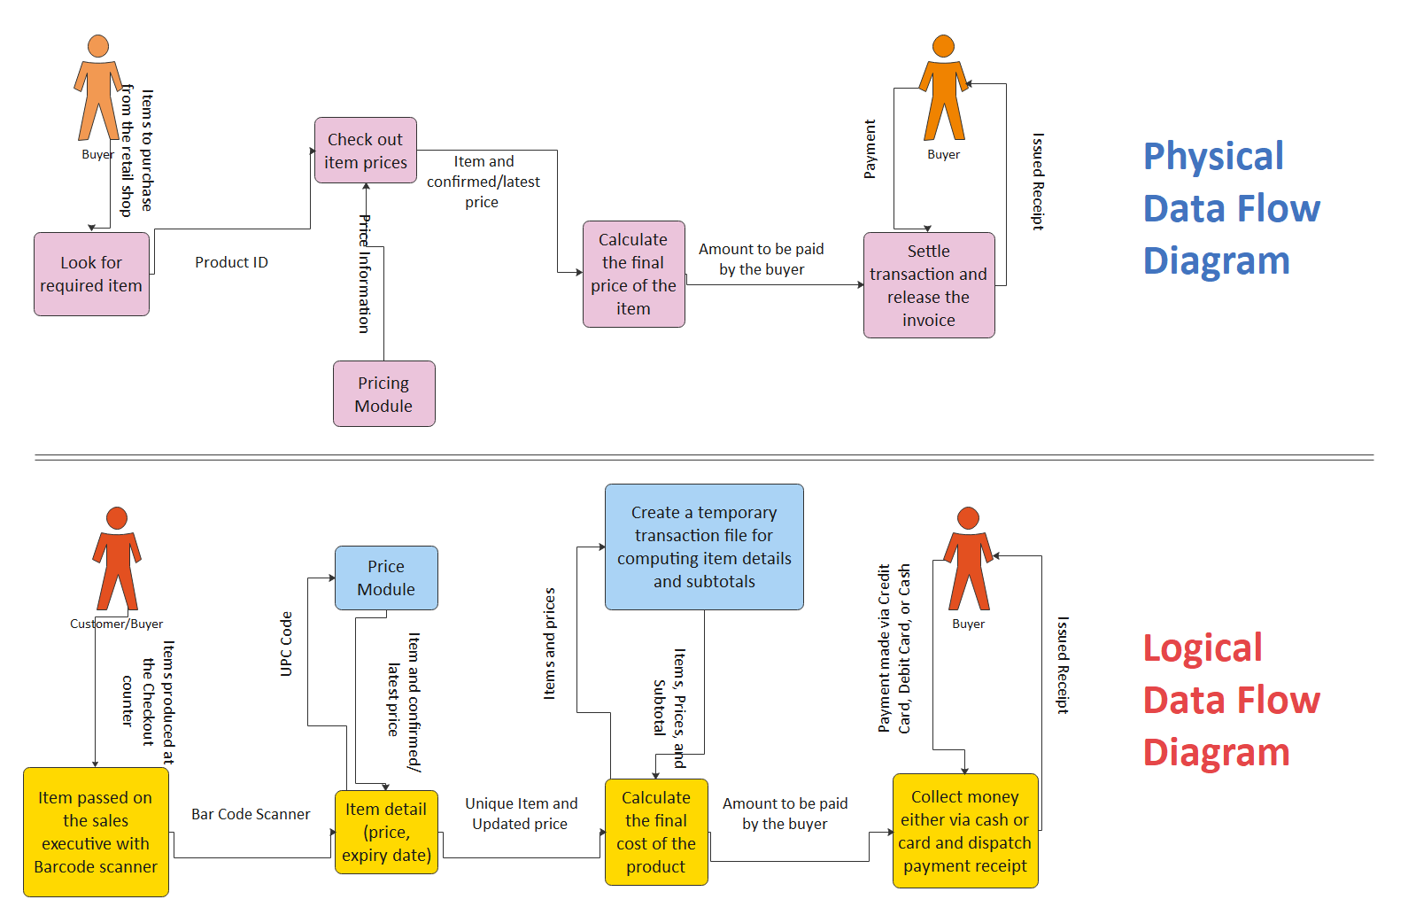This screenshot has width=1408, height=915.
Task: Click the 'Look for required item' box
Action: tap(91, 274)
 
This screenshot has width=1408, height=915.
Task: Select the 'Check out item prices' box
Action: tap(365, 151)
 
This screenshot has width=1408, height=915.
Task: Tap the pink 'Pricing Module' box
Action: tap(383, 394)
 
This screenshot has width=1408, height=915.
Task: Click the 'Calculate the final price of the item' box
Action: tap(633, 274)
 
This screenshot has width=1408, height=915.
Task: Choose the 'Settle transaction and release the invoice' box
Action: tap(928, 285)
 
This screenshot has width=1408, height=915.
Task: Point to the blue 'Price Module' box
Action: tap(386, 578)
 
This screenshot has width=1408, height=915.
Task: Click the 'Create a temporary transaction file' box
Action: tap(704, 547)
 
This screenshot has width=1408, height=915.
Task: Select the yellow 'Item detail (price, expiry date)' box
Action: tap(386, 832)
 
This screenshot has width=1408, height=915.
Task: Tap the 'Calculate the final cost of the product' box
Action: tap(655, 832)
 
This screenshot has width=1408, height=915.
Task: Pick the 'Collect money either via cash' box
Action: tap(964, 831)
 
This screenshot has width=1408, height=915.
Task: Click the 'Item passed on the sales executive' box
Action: tap(96, 832)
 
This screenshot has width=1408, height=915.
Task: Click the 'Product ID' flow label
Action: tap(231, 262)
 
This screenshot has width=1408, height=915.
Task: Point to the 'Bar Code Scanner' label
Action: tap(251, 814)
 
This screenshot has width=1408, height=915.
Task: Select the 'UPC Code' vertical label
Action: tap(286, 644)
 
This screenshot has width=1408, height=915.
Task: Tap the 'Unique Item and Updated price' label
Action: tap(521, 813)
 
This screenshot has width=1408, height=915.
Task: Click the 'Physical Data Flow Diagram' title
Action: tap(1231, 208)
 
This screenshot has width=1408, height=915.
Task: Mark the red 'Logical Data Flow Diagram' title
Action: tap(1231, 700)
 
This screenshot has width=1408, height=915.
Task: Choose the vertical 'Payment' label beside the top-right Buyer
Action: tap(870, 149)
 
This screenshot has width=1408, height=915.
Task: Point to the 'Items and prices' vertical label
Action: tap(549, 644)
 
